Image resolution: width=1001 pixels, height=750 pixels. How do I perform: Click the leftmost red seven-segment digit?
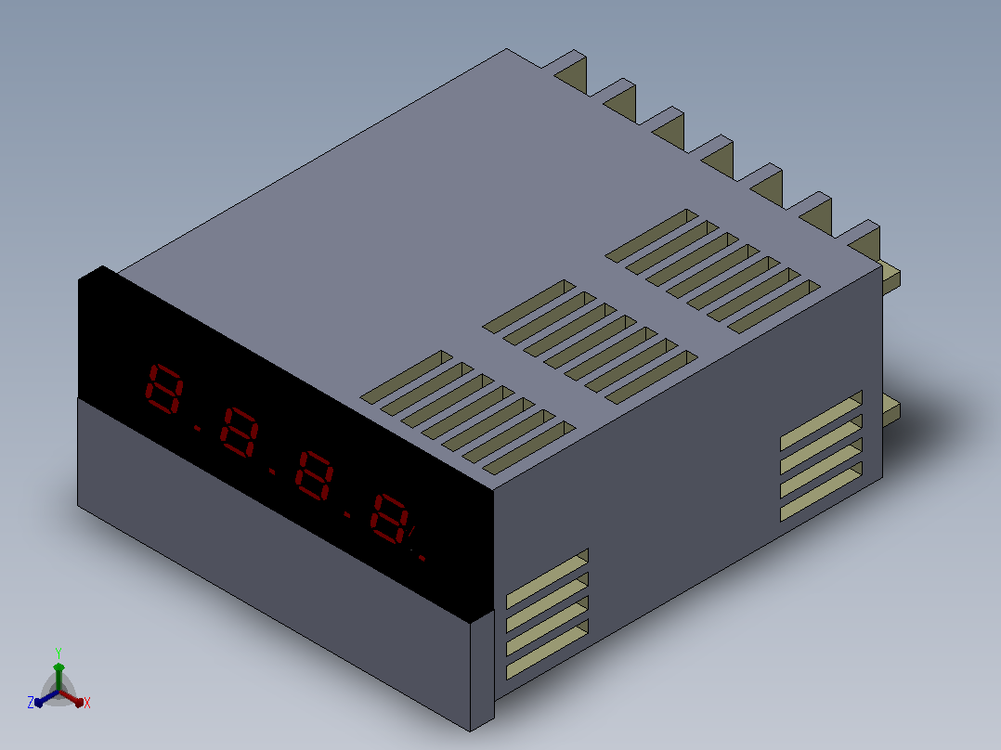[x=164, y=389]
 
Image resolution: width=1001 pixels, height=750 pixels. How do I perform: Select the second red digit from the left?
[x=239, y=433]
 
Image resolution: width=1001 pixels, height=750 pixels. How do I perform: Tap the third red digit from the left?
[x=314, y=475]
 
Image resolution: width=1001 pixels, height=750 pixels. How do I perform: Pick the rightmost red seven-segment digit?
[x=389, y=519]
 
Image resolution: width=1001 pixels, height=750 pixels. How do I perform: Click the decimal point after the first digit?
[x=197, y=428]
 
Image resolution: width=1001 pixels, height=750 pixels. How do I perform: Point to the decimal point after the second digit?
[x=273, y=472]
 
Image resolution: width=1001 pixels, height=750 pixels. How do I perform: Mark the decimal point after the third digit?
[x=348, y=514]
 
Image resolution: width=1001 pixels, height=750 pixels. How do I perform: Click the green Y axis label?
[x=58, y=653]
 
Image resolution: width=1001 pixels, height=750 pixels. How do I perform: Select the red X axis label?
[x=87, y=703]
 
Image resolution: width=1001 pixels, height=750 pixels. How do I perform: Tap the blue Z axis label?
[x=30, y=703]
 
